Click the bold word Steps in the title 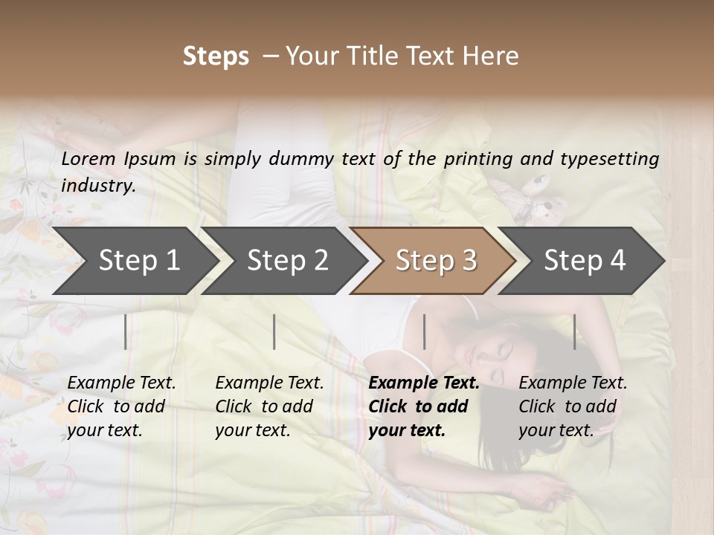pos(216,56)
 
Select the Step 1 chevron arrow pos(134,261)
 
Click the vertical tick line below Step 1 pos(125,331)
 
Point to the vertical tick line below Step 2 pos(274,331)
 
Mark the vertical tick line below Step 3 pos(424,331)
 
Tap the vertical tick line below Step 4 pos(574,331)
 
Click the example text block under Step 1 pos(121,406)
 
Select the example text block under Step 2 pos(269,406)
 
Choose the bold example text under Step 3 pos(424,406)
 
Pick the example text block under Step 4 pos(573,406)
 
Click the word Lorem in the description pos(89,158)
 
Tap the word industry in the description pos(97,186)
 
